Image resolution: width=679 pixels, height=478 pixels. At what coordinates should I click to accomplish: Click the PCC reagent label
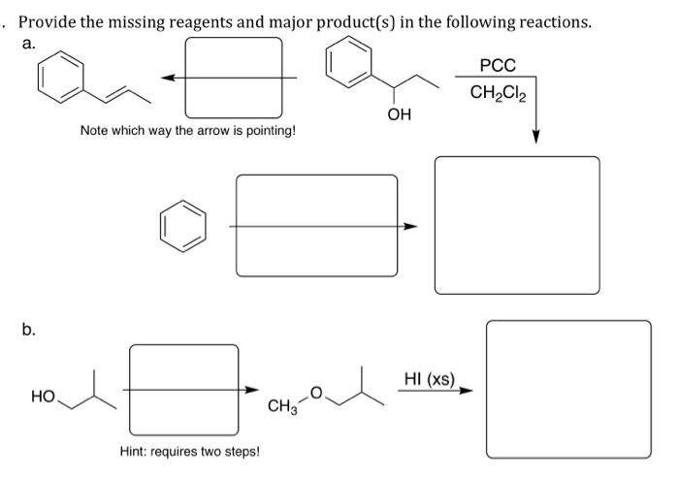click(499, 66)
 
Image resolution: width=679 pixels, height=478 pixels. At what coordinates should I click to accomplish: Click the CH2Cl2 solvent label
click(498, 93)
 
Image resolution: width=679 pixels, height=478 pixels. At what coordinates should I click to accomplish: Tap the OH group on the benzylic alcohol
click(399, 115)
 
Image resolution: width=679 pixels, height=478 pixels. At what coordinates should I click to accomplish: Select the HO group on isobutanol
click(42, 397)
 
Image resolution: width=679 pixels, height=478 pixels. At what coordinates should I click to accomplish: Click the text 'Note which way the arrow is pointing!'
click(187, 130)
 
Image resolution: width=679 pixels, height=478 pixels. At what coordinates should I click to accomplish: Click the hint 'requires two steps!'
click(189, 451)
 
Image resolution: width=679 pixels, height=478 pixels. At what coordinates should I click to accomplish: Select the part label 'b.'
click(30, 331)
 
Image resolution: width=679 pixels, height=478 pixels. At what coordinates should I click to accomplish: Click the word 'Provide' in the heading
click(57, 21)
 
